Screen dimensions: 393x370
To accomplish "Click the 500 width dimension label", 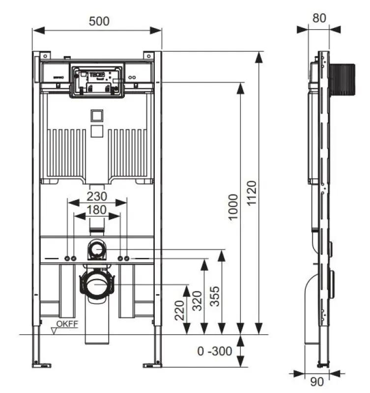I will tap(99, 21).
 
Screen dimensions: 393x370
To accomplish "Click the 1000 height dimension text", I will tap(233, 207).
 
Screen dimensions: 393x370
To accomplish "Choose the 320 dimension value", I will tap(197, 300).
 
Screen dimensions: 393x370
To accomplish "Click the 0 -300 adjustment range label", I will tap(214, 352).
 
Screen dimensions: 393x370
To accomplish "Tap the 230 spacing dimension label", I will tap(97, 196).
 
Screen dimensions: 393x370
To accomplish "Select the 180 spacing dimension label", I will tap(97, 209).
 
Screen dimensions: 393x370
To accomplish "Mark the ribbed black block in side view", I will tap(342, 79).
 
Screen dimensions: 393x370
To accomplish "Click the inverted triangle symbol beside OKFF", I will tap(54, 331).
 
